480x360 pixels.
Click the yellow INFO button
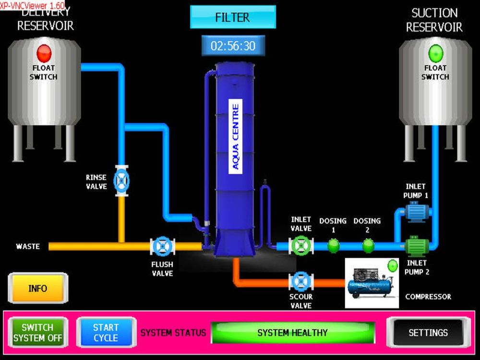38,288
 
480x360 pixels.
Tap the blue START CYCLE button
106,332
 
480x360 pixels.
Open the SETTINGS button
428,332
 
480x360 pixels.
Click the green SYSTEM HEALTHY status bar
292,332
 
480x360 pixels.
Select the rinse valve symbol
122,181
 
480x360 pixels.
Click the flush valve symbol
162,246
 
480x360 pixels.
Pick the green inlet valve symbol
301,246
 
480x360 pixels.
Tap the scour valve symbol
301,282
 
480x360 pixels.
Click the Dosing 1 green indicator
333,246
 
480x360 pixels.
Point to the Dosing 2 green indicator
368,246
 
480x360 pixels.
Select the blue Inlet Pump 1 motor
416,211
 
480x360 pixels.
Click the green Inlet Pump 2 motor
416,246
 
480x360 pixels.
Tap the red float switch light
44,52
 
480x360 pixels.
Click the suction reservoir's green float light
435,52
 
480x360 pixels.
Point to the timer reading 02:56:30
233,46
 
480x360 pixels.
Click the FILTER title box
233,18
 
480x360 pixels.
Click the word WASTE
28,246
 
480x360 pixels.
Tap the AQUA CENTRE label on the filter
235,137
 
